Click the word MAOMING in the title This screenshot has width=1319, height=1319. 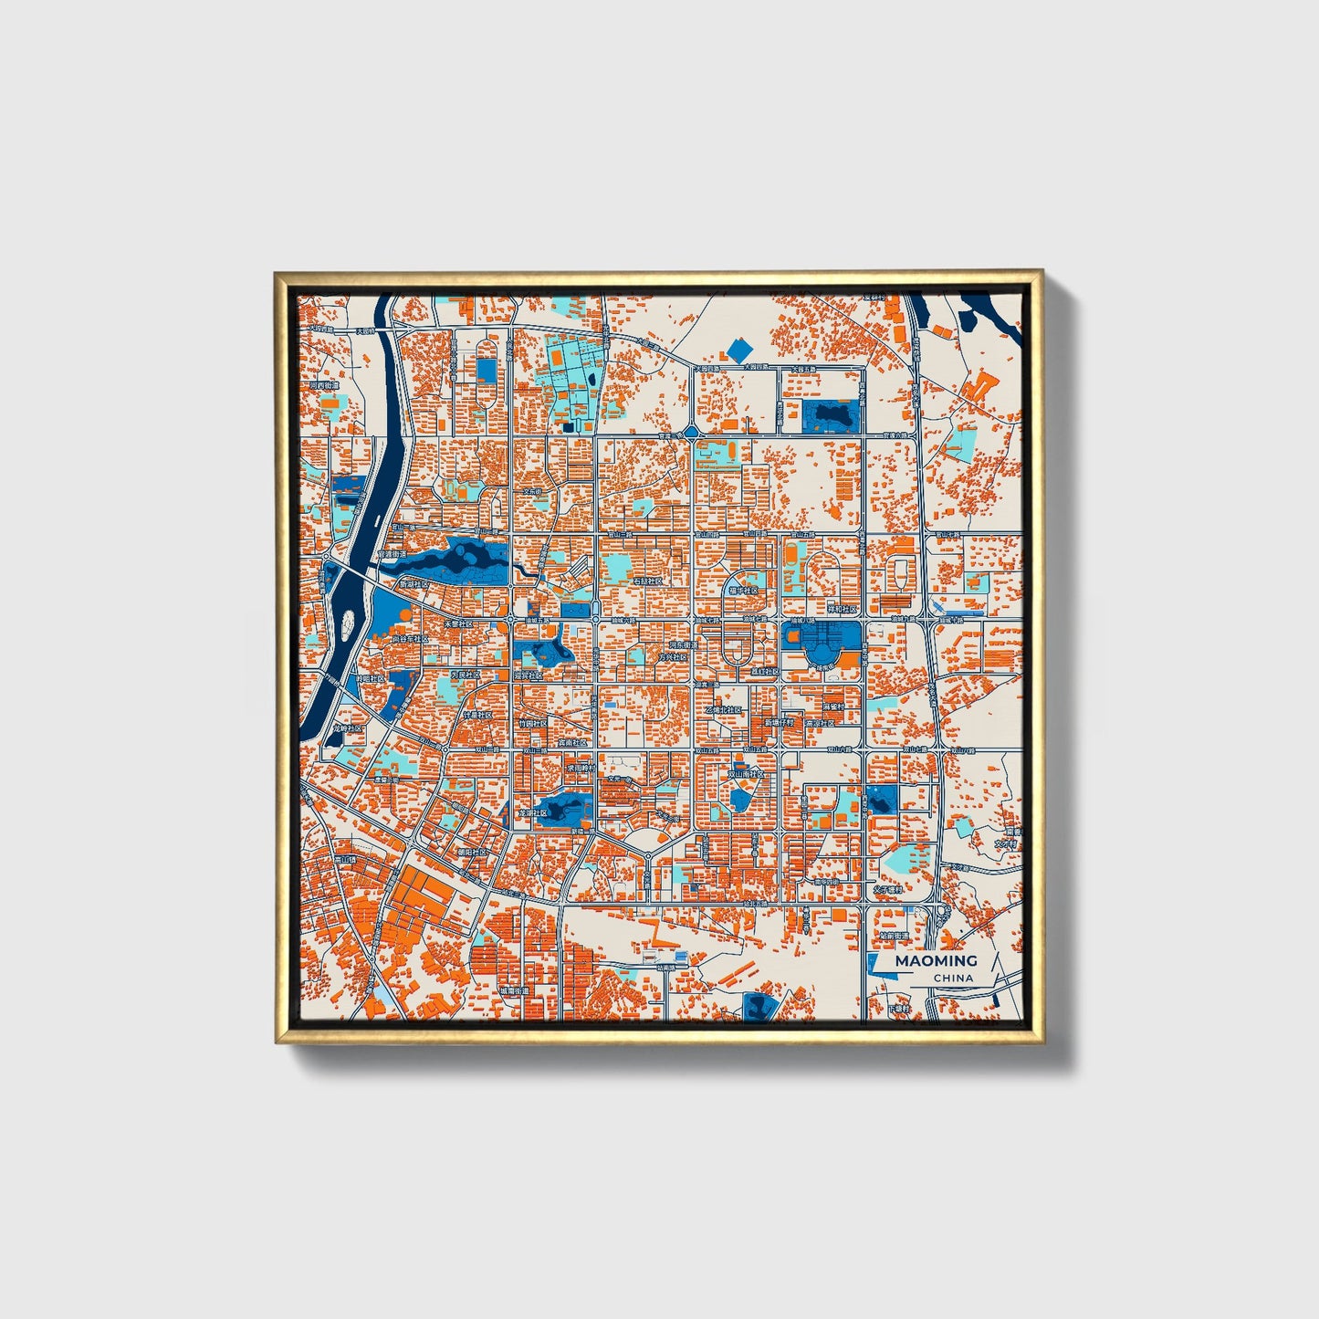point(935,960)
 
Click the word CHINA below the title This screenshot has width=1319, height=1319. point(952,978)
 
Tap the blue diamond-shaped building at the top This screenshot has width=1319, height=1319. point(738,349)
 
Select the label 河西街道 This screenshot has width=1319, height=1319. point(324,386)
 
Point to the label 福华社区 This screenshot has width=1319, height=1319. point(742,591)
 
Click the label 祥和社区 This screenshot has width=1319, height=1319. point(842,608)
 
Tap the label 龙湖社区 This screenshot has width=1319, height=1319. point(534,811)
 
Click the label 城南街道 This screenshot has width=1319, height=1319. point(514,989)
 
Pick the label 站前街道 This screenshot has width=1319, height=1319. point(895,936)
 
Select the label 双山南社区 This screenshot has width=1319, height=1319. point(745,773)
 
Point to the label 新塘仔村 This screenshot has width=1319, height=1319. point(779,722)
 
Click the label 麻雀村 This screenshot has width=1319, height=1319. point(837,706)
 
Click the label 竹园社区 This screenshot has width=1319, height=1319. point(532,723)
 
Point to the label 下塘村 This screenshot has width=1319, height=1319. point(899,1009)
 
